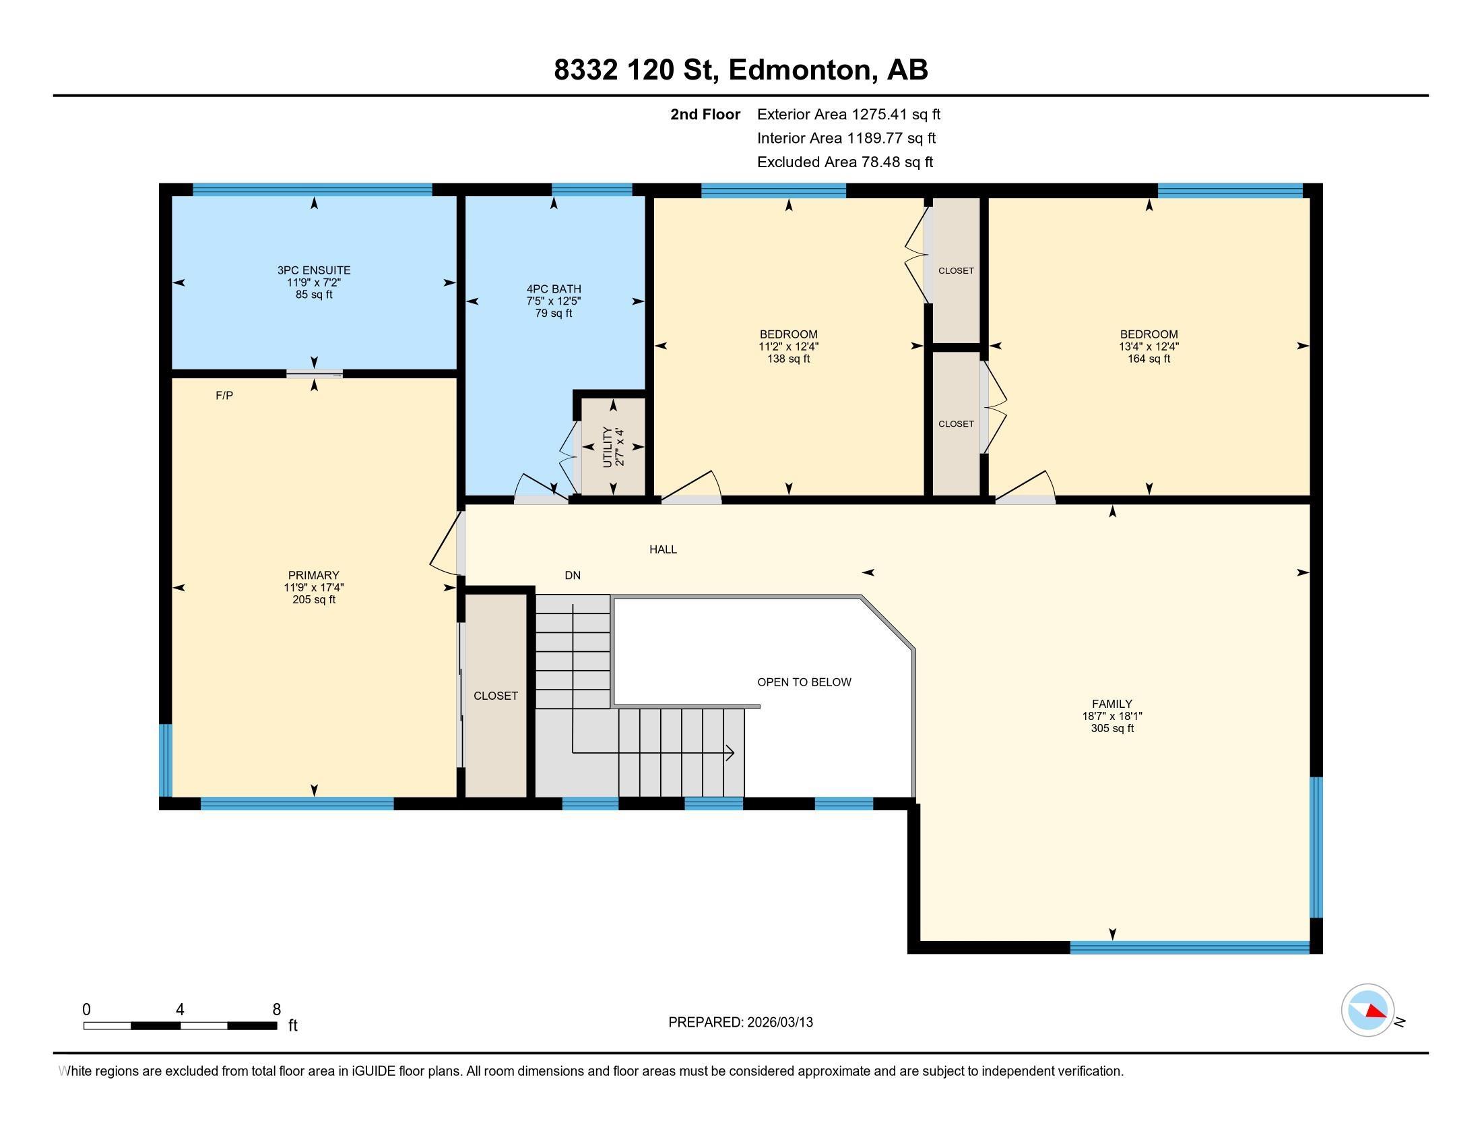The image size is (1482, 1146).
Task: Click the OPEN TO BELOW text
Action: (804, 682)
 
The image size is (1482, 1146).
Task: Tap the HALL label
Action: (663, 549)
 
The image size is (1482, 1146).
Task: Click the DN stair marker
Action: (573, 575)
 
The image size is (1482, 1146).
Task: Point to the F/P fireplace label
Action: (224, 395)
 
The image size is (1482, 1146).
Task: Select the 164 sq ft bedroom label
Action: (1149, 346)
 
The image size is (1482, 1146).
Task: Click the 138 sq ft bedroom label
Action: (789, 346)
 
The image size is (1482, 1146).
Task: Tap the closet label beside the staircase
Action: (495, 696)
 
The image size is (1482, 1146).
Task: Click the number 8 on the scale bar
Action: (276, 1010)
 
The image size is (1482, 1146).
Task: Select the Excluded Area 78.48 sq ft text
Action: (845, 162)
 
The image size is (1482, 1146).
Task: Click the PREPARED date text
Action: (740, 1023)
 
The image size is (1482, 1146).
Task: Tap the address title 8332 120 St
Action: (740, 70)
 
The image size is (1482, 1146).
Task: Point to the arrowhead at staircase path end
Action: (730, 752)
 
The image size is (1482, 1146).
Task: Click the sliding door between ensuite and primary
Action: (314, 373)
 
